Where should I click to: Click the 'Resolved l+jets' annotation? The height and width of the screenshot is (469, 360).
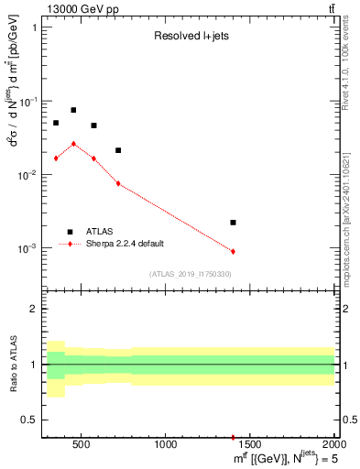pyautogui.click(x=190, y=38)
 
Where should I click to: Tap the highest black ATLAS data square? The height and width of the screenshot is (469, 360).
pyautogui.click(x=73, y=110)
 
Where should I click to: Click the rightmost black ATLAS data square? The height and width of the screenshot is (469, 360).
pyautogui.click(x=233, y=223)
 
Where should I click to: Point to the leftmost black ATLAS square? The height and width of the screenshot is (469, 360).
pyautogui.click(x=56, y=123)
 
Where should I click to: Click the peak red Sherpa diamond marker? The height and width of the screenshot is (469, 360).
pyautogui.click(x=73, y=144)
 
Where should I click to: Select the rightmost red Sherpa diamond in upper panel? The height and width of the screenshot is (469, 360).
pyautogui.click(x=233, y=251)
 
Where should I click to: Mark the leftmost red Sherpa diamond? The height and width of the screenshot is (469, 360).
pyautogui.click(x=56, y=158)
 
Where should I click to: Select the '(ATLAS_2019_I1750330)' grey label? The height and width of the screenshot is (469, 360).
pyautogui.click(x=190, y=274)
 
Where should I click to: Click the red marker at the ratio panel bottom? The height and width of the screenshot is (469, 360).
pyautogui.click(x=233, y=438)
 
